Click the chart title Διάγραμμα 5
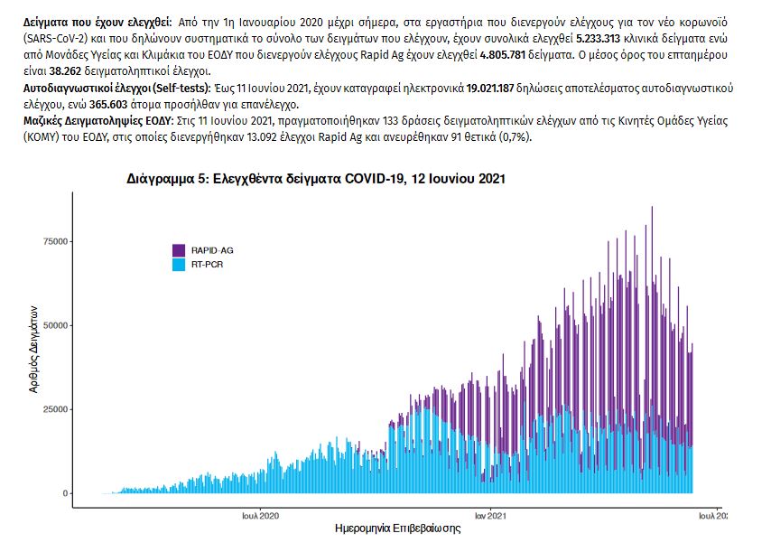pyautogui.click(x=316, y=179)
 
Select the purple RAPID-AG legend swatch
pyautogui.click(x=179, y=250)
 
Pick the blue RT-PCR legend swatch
pyautogui.click(x=179, y=265)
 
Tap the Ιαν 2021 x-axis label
pyautogui.click(x=489, y=517)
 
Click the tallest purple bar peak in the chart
pyautogui.click(x=652, y=209)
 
